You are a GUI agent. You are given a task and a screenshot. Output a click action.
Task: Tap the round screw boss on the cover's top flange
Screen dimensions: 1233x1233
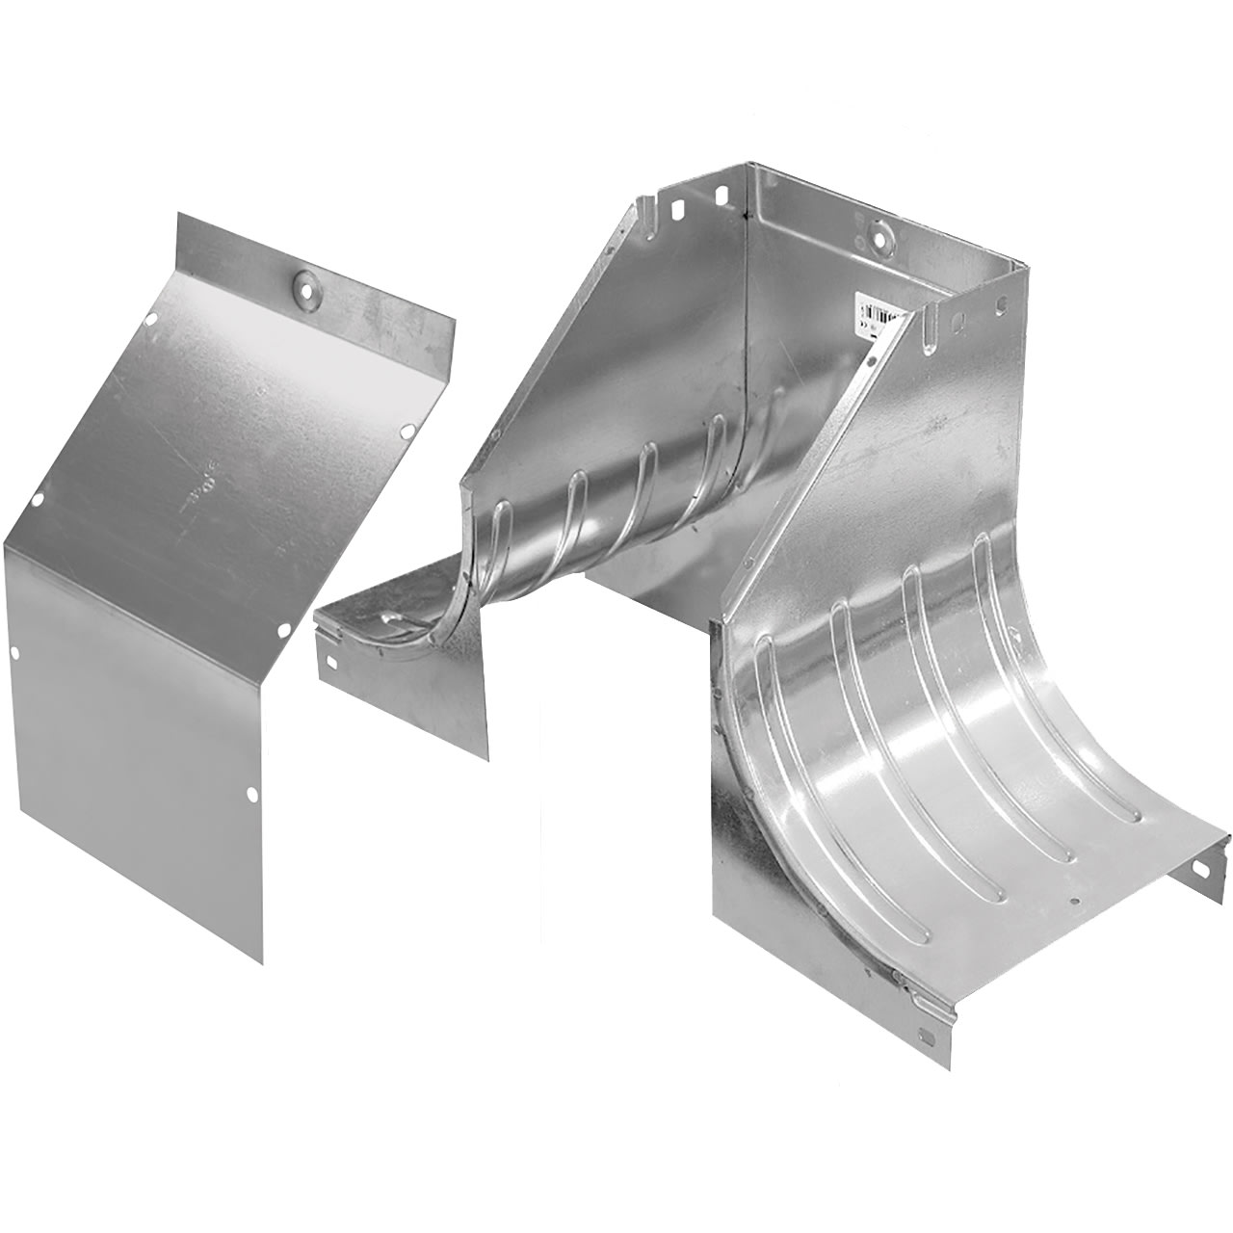click(306, 282)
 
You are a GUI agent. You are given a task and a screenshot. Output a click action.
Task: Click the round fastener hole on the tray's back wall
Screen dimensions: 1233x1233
click(879, 231)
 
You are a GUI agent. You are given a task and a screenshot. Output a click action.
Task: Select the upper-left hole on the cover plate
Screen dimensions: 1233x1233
click(151, 321)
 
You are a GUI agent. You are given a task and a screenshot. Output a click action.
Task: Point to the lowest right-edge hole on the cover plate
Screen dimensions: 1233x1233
click(252, 794)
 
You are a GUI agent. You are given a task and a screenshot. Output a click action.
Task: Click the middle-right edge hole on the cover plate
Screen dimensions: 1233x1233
click(284, 631)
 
